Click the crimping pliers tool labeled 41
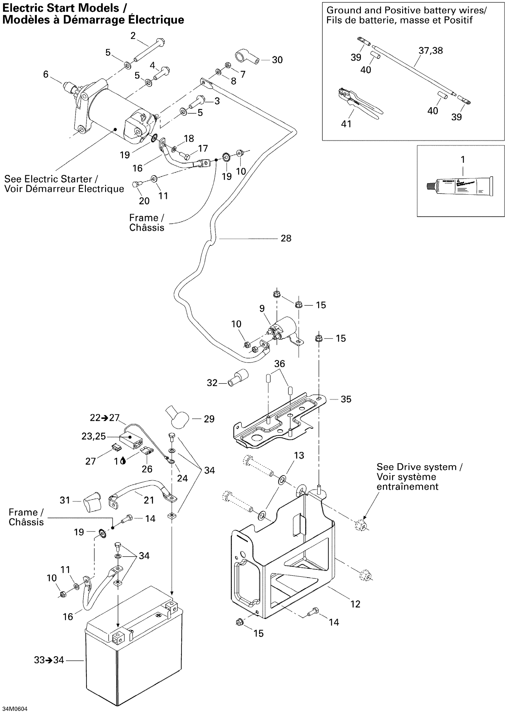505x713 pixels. click(x=361, y=104)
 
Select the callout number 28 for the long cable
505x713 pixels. click(x=286, y=238)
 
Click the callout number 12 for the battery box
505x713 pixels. click(x=355, y=604)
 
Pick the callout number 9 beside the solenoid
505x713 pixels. click(x=262, y=308)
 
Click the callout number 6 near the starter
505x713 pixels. click(x=46, y=74)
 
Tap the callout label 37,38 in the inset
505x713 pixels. click(x=430, y=50)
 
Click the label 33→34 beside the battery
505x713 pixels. click(x=49, y=660)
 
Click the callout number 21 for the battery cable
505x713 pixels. click(x=149, y=500)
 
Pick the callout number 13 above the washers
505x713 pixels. click(x=299, y=455)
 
